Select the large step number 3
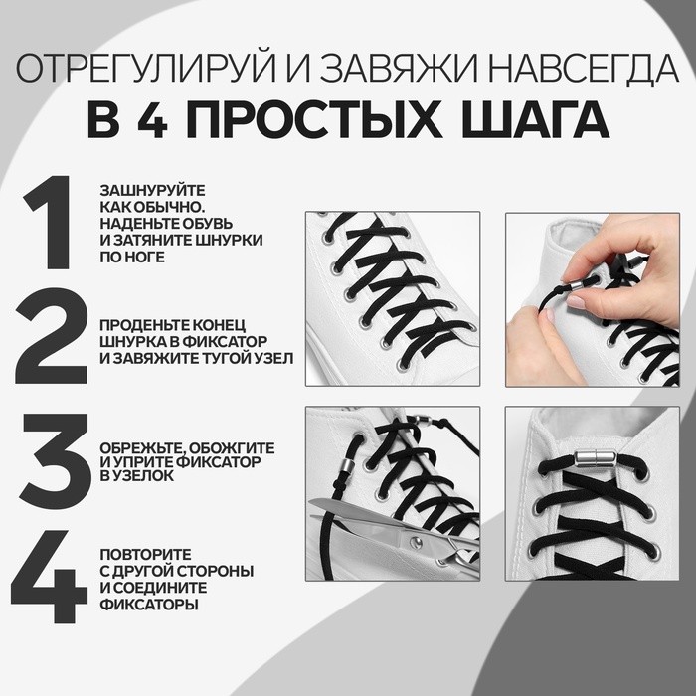50,457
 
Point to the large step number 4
50,577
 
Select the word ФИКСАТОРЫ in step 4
148,604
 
